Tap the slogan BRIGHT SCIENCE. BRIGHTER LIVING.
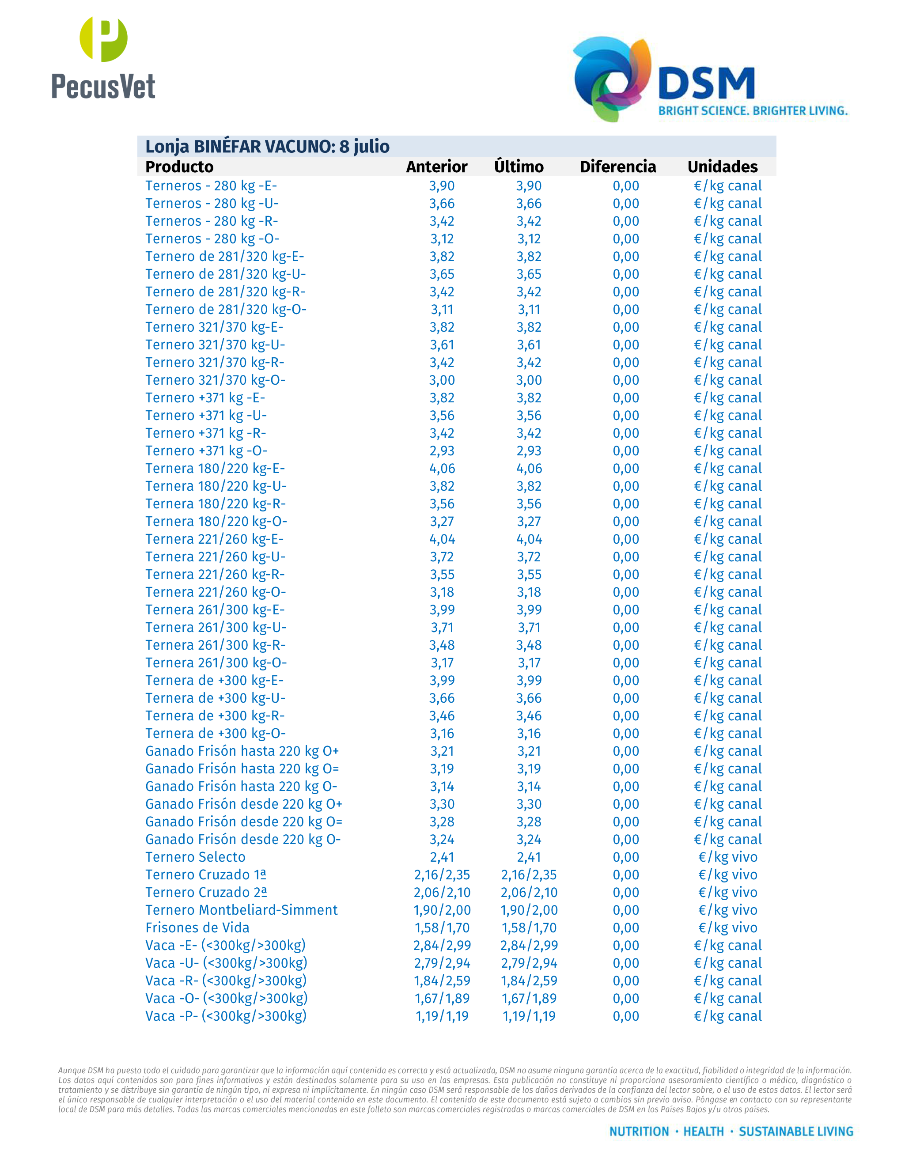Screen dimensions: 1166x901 (x=753, y=111)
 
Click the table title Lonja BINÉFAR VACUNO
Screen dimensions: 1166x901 (x=267, y=146)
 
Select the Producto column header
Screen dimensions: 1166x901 (x=179, y=167)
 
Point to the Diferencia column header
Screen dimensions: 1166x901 (x=617, y=167)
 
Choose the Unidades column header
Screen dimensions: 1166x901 (x=722, y=167)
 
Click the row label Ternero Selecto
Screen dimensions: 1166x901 (x=195, y=857)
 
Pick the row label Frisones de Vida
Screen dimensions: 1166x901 (x=197, y=927)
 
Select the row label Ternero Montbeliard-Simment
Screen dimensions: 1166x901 (x=241, y=910)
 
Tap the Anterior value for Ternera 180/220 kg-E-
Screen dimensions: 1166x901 (x=442, y=468)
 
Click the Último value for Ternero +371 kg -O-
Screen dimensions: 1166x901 (x=528, y=450)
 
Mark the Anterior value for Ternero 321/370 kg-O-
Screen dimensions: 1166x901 (x=442, y=380)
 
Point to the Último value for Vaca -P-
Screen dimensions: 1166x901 (x=528, y=1016)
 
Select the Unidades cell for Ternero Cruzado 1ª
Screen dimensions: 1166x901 (x=727, y=874)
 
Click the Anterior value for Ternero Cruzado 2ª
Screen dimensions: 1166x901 (x=442, y=892)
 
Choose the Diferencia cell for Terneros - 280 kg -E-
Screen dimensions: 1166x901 (x=625, y=186)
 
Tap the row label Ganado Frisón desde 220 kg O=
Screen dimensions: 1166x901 (x=243, y=821)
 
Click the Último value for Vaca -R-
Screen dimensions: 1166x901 (x=528, y=981)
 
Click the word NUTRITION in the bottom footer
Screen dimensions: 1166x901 (x=639, y=1131)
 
